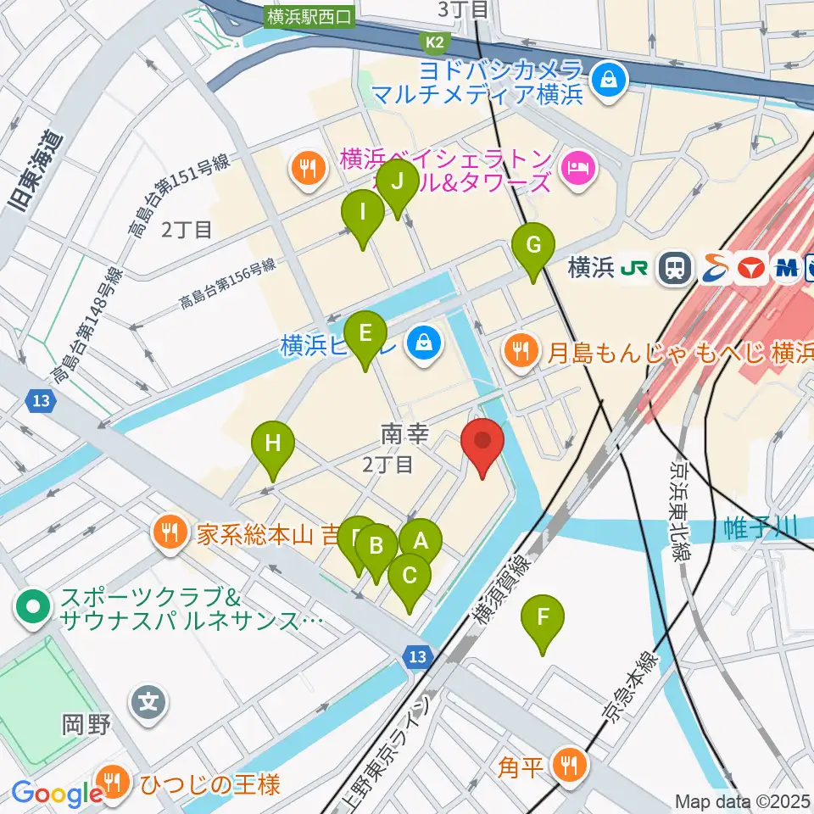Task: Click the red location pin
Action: [482, 443]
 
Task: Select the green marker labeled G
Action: [533, 248]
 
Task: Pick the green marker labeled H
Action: [272, 445]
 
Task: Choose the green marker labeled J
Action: [398, 183]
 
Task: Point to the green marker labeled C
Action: [409, 578]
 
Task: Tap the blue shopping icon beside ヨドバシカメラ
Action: [608, 81]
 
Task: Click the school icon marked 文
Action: [149, 702]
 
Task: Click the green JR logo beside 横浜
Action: [634, 269]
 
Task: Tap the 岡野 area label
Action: [87, 725]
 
